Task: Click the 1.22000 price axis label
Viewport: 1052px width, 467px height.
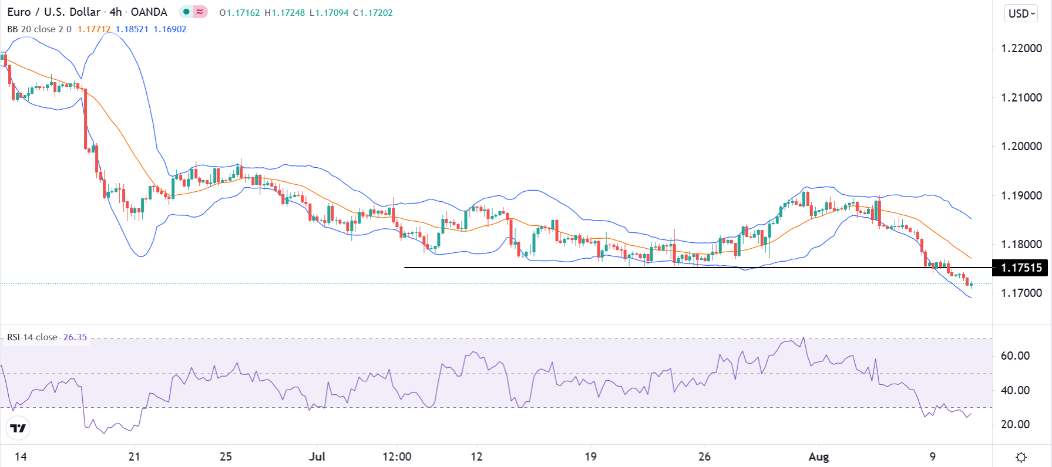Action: (x=1021, y=49)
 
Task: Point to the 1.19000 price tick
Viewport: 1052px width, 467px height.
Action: (x=1021, y=195)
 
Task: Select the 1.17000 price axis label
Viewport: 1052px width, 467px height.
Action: (x=1021, y=293)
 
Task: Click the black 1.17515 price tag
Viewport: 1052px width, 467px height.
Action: (x=1021, y=268)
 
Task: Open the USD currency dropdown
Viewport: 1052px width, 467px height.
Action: (x=1022, y=13)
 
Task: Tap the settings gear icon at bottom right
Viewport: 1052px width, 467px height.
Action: (x=1021, y=457)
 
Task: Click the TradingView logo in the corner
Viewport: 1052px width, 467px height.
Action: (x=18, y=428)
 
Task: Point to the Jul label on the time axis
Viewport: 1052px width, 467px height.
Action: (x=317, y=456)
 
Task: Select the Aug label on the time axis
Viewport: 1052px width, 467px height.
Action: (x=819, y=456)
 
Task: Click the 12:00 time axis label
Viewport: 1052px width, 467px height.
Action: (x=396, y=456)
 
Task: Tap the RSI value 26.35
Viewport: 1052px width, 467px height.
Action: (x=75, y=337)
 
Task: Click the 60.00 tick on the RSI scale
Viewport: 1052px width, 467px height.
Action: (x=1015, y=356)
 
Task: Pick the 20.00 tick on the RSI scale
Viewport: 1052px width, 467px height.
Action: (x=1015, y=424)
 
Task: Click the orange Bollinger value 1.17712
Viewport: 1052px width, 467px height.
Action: (x=94, y=29)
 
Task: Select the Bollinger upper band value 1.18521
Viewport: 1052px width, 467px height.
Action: (x=132, y=29)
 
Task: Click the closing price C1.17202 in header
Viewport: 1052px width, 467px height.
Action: (x=373, y=13)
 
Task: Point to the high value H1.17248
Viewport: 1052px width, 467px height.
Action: (x=285, y=13)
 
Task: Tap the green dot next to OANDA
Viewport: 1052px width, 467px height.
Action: (x=186, y=12)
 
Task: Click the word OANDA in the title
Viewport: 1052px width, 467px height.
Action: (x=149, y=12)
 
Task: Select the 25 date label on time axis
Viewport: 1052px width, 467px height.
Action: (x=226, y=456)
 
